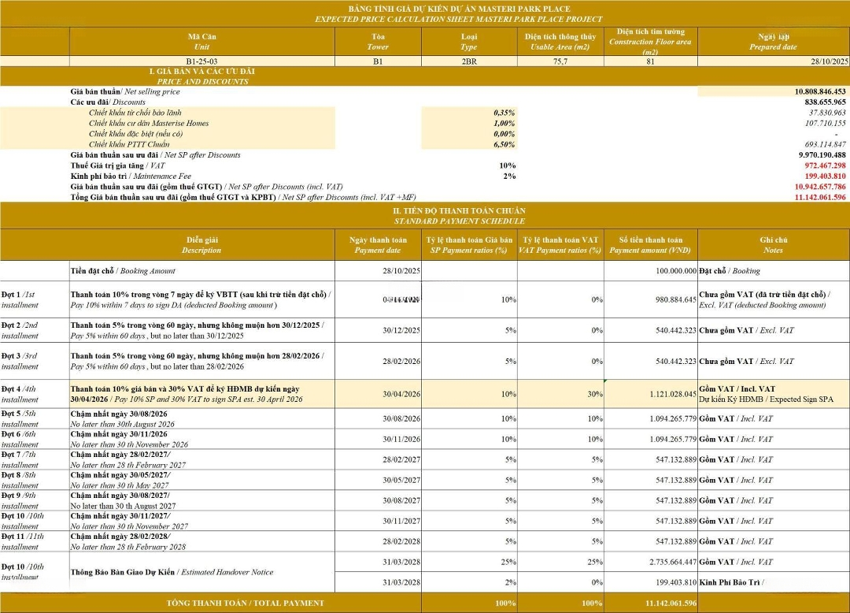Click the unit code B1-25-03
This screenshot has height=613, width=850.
pyautogui.click(x=201, y=61)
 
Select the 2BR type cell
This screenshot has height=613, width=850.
pyautogui.click(x=468, y=61)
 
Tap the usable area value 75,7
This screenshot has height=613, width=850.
pyautogui.click(x=560, y=61)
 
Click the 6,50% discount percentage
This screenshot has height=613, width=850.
pyautogui.click(x=504, y=144)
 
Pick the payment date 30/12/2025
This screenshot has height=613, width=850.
pyautogui.click(x=401, y=330)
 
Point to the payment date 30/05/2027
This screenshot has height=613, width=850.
pyautogui.click(x=401, y=480)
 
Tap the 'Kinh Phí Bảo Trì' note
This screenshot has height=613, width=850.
pyautogui.click(x=730, y=582)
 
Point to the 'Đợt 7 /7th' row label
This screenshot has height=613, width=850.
pyautogui.click(x=22, y=455)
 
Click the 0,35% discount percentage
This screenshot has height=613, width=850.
pyautogui.click(x=504, y=113)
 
